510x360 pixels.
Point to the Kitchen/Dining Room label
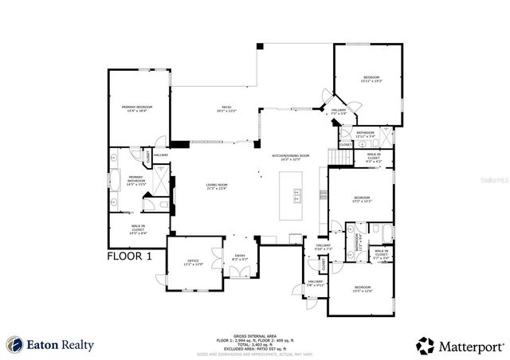290,157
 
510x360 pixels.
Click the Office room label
194,262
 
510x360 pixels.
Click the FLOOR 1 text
132,256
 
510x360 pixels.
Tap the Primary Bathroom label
136,179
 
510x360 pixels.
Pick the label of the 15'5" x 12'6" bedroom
362,288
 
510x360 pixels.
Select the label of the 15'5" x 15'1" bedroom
362,198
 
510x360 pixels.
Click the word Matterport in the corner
470,345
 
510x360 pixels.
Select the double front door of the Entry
237,272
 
